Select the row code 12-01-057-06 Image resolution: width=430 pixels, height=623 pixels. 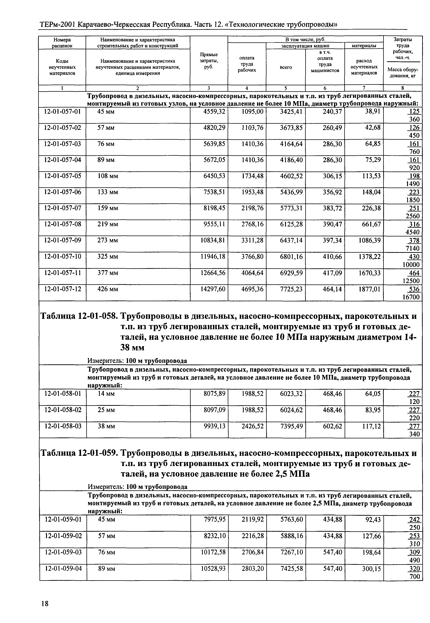click(x=62, y=192)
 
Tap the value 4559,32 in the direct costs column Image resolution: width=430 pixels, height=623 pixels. click(x=214, y=112)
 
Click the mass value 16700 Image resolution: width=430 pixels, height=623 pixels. click(x=411, y=297)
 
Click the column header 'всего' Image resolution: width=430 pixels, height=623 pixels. click(x=286, y=67)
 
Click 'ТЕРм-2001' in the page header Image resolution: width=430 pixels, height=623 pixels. click(x=57, y=25)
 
